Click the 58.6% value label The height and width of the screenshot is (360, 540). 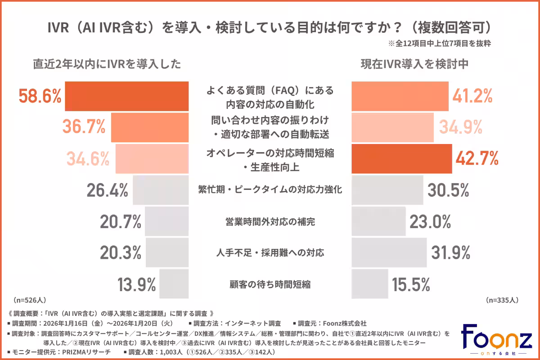[40, 96]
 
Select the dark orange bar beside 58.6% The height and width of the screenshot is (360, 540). [127, 96]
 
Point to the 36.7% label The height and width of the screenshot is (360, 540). [84, 127]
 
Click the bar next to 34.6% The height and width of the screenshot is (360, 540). [152, 158]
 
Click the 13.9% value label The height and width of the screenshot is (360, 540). [136, 284]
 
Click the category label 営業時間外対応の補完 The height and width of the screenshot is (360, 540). [270, 221]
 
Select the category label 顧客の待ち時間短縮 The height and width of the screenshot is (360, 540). [270, 284]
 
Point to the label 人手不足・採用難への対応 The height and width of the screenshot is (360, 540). [270, 252]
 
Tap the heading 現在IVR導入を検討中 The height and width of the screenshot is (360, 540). [415, 64]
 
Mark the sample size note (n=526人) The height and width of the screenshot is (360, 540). [30, 300]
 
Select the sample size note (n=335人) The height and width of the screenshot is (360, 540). [503, 300]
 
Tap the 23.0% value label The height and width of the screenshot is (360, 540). [430, 221]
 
